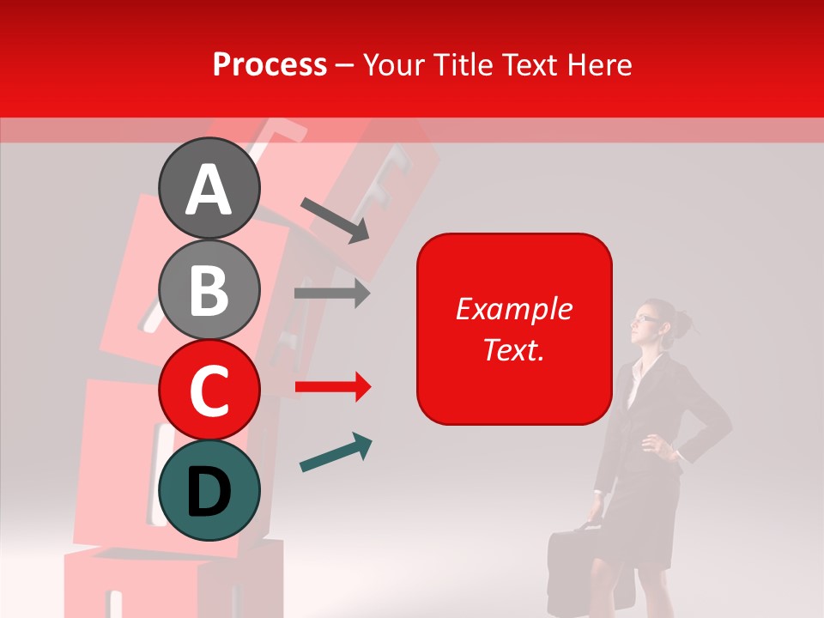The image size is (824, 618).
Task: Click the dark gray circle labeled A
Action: (209, 189)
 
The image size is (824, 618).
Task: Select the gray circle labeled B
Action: (209, 289)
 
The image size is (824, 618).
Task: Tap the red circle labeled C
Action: (209, 390)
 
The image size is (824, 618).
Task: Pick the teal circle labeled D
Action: (209, 490)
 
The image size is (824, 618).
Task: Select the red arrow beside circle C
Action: (332, 387)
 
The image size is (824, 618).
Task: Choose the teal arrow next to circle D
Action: (336, 453)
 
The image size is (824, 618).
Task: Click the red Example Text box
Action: (514, 329)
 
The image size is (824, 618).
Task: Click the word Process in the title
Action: (270, 64)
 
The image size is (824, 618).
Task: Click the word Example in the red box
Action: (513, 309)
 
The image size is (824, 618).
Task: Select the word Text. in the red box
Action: (513, 349)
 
